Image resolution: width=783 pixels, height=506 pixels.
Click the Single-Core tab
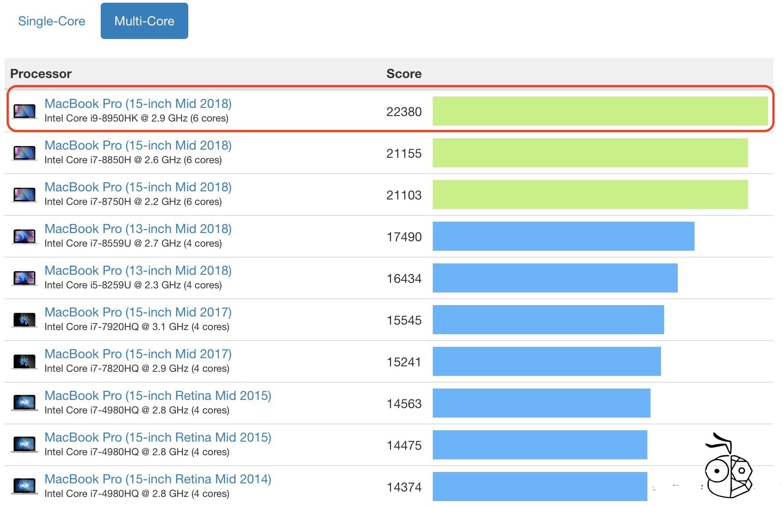coord(51,21)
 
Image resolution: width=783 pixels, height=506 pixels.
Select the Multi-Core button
coord(144,21)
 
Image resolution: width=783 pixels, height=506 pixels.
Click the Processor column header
coord(41,73)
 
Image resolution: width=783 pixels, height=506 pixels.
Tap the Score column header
coord(404,73)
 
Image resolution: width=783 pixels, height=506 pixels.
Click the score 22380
coord(404,112)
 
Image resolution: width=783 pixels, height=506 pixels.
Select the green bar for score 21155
coord(590,153)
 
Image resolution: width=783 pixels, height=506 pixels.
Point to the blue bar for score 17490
coord(563,236)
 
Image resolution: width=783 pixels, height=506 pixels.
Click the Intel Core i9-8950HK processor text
coord(136,118)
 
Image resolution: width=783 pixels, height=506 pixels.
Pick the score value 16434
coord(404,278)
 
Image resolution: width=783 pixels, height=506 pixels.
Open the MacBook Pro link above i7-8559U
coord(138,229)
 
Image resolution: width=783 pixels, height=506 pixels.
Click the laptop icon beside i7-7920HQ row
coord(24,320)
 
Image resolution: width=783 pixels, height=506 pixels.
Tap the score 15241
coord(404,362)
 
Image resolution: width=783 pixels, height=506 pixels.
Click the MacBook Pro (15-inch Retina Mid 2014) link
coord(157,479)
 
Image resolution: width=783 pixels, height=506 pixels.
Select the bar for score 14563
coord(541,403)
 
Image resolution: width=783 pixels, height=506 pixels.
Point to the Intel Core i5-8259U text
coord(133,285)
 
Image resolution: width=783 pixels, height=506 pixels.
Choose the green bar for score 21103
coord(590,195)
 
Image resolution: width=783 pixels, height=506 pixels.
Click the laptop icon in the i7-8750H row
coord(24,195)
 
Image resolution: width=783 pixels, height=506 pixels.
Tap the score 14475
coord(404,445)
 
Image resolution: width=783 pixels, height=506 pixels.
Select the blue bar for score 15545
coord(548,320)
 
